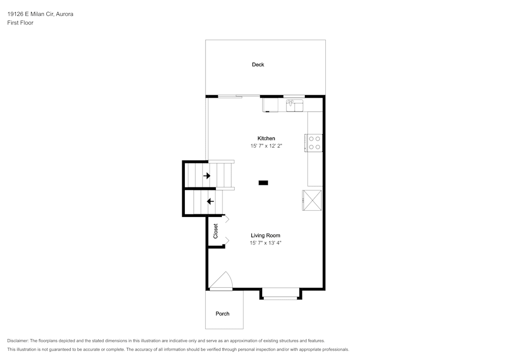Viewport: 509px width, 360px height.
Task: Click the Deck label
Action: tap(258, 65)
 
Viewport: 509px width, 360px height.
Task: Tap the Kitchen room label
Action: tap(266, 139)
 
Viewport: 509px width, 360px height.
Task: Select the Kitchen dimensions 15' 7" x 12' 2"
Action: tap(266, 146)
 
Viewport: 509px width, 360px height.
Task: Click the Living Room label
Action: tap(266, 235)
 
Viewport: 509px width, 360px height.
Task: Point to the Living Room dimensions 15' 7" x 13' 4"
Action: tap(266, 243)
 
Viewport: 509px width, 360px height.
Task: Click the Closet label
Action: tap(215, 231)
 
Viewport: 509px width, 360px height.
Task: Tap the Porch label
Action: tap(222, 314)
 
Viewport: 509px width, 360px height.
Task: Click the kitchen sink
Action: tap(294, 105)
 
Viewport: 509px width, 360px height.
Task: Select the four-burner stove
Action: tap(314, 143)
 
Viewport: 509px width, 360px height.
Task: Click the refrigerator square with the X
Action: tap(312, 200)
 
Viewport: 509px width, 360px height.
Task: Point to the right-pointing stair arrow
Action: tap(207, 176)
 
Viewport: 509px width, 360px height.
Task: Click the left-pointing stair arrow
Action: tap(210, 202)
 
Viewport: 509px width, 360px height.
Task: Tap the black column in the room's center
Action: tap(263, 183)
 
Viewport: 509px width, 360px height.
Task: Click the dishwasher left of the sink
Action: tap(270, 105)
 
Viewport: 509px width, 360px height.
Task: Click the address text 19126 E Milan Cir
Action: tap(31, 14)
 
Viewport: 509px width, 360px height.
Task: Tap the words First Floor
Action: tap(20, 23)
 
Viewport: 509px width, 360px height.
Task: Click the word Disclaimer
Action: tap(18, 341)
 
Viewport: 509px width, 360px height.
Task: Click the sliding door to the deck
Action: tap(239, 96)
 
